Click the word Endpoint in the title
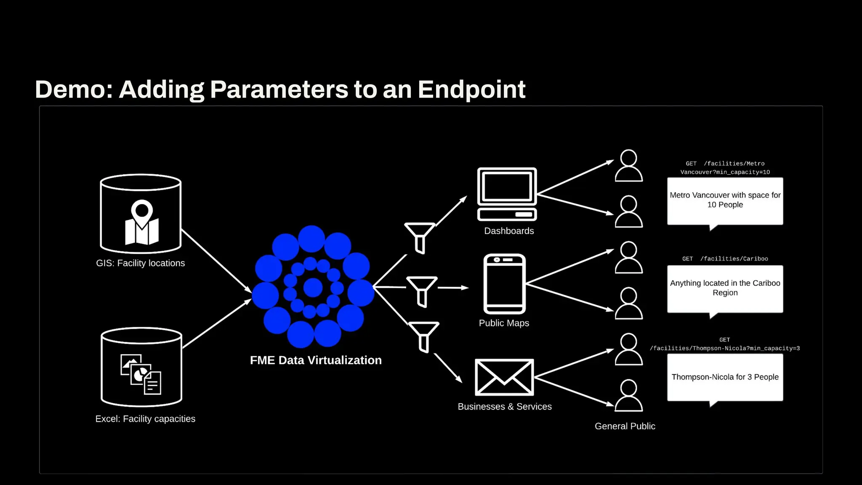(x=471, y=89)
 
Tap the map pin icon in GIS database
(x=142, y=222)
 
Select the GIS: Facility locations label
(x=140, y=263)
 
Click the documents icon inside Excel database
(x=141, y=374)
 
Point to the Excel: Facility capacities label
(x=145, y=419)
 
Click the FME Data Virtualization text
(x=316, y=360)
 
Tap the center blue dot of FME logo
(x=313, y=288)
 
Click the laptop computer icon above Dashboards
(x=507, y=194)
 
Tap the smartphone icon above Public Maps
(x=505, y=284)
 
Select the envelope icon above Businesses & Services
(x=504, y=377)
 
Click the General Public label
(x=625, y=426)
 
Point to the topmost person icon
(x=628, y=166)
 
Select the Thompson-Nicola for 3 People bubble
(x=725, y=377)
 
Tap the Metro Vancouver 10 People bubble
(x=725, y=200)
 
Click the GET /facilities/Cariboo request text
(x=725, y=258)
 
